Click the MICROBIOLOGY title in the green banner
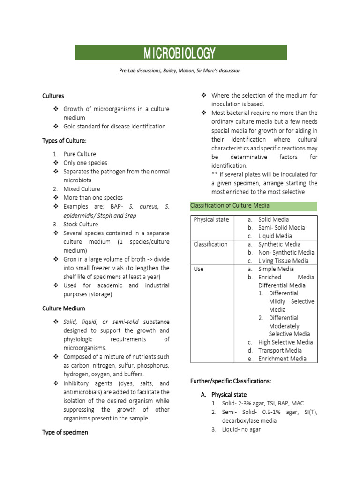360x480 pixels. coord(180,53)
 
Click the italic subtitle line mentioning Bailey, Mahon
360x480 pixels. coord(180,71)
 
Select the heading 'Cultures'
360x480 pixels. coord(53,96)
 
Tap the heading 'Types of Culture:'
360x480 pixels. coord(64,141)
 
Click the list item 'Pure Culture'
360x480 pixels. coord(80,154)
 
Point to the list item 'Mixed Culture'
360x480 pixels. coord(82,189)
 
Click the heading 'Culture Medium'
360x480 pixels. coord(63,308)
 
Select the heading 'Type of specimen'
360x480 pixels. coord(65,432)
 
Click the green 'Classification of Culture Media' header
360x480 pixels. coord(230,206)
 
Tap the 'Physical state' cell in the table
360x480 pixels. coord(211,219)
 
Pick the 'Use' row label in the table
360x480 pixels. coord(199,269)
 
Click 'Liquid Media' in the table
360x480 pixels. coord(275,236)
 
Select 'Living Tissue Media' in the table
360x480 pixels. coord(283,261)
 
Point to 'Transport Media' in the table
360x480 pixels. coord(280,350)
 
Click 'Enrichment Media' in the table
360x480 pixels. coord(282,359)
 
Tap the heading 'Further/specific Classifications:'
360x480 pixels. coord(231,381)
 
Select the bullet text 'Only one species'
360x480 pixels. coord(85,163)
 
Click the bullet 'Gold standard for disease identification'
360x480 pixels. coord(114,126)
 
